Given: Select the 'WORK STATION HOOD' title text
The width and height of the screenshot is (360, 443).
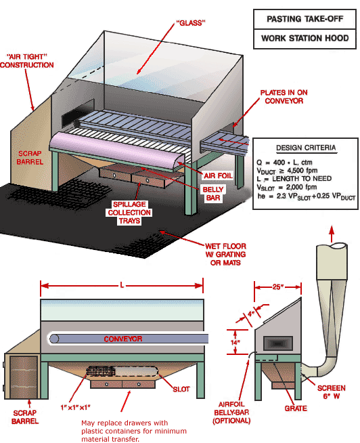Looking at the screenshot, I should [305, 39].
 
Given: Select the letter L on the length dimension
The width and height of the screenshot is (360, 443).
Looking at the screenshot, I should [122, 285].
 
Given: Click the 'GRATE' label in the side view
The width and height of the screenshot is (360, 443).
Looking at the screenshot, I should [296, 408].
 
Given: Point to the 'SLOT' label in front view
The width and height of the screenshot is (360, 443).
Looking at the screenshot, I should [180, 389].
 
